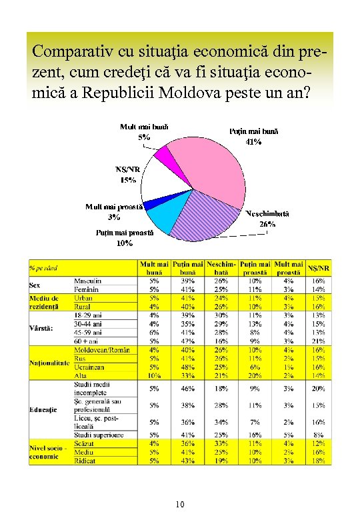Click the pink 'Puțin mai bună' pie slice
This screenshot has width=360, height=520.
(207, 163)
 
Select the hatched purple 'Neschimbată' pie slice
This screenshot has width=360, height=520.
(210, 213)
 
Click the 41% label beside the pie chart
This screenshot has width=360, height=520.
(253, 141)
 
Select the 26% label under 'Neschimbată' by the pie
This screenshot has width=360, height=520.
(267, 224)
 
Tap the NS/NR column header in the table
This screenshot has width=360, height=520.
(322, 268)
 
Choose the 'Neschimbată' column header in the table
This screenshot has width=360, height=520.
(222, 268)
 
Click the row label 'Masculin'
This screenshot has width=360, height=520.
(87, 281)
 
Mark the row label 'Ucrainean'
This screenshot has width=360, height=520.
(89, 367)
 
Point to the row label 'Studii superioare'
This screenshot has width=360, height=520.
(99, 435)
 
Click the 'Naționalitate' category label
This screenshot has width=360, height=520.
(49, 363)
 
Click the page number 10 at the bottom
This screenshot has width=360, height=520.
(180, 505)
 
